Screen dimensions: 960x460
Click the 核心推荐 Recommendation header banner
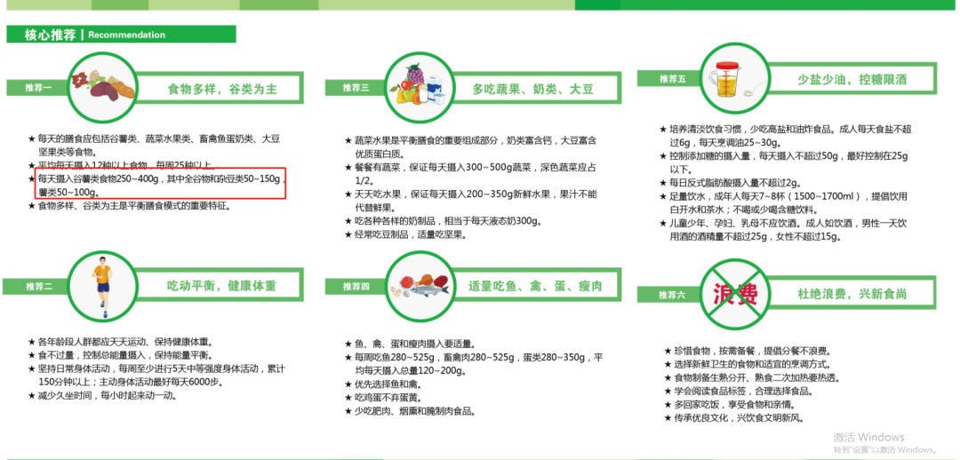pyautogui.click(x=121, y=35)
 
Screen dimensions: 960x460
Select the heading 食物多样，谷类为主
pyautogui.click(x=223, y=90)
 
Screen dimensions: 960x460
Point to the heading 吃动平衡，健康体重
pyautogui.click(x=222, y=286)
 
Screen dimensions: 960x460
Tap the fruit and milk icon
pyautogui.click(x=420, y=87)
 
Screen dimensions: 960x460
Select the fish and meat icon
pyautogui.click(x=421, y=286)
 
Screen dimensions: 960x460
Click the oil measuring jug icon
pyautogui.click(x=731, y=77)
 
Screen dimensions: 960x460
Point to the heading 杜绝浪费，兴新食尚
pyautogui.click(x=852, y=294)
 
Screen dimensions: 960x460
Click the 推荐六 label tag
pyautogui.click(x=668, y=295)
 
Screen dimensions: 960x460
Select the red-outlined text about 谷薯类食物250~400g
pyautogui.click(x=160, y=185)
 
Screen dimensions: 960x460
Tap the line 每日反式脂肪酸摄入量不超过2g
pyautogui.click(x=731, y=182)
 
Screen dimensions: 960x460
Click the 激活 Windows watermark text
pyautogui.click(x=868, y=437)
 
